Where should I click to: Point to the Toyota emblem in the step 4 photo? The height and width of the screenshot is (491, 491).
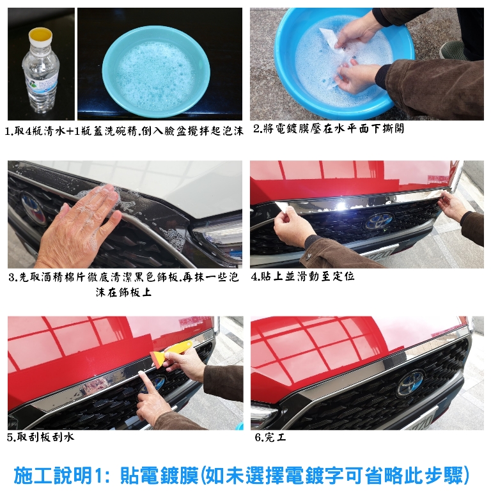tap(378, 221)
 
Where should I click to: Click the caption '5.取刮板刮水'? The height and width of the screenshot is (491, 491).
tap(41, 437)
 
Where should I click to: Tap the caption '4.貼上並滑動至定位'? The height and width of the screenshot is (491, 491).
tap(302, 276)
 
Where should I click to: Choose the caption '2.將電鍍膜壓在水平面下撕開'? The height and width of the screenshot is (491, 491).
tap(329, 129)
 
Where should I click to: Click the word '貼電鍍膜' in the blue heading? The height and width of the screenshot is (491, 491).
tap(159, 475)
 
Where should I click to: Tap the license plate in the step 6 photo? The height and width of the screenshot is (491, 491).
tap(419, 419)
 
